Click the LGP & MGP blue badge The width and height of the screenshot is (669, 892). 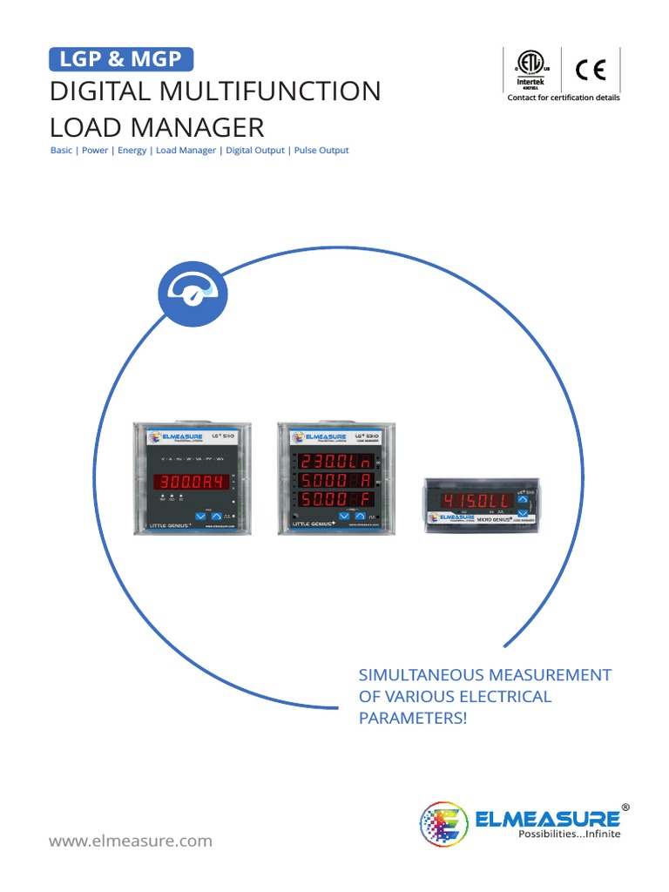coord(120,59)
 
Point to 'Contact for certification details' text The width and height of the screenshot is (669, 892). coord(564,98)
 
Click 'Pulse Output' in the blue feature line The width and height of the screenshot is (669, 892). coord(321,151)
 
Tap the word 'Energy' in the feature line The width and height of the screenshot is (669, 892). coord(132,151)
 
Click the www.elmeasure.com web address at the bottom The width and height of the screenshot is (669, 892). coord(131,841)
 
